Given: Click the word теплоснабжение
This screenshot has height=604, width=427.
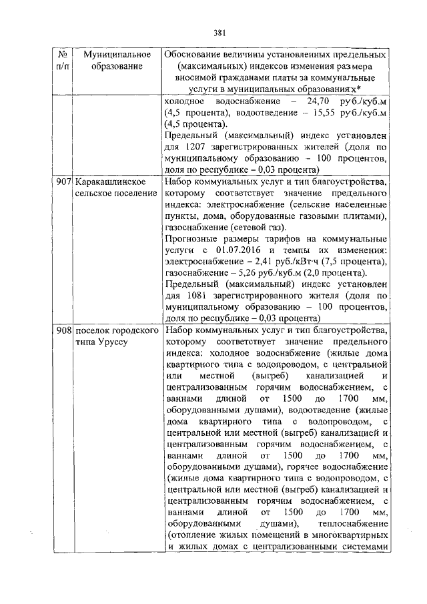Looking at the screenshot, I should point(353,523).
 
